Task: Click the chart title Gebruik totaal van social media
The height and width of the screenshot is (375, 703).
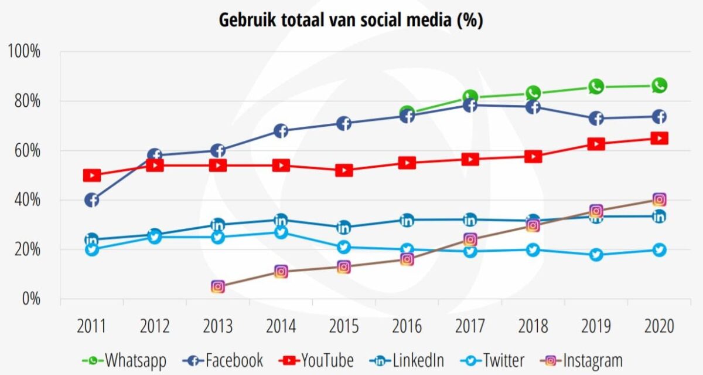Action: pos(351,20)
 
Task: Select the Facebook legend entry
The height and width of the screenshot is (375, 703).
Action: pos(225,360)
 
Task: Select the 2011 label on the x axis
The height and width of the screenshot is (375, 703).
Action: pos(91,326)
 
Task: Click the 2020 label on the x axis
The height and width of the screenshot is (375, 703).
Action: pos(659,326)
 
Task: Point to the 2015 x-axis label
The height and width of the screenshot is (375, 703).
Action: pos(344,326)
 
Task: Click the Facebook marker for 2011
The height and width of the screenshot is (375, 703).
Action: pos(91,200)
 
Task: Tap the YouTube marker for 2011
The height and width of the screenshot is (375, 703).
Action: pos(91,175)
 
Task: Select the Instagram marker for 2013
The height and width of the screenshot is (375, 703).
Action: pos(218,287)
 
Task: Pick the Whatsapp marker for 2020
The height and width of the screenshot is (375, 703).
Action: pos(659,86)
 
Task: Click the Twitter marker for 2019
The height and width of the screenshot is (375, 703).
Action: pos(596,255)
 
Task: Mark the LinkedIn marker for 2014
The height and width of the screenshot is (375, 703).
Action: pos(281,220)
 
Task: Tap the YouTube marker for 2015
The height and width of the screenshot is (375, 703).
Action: pos(344,171)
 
